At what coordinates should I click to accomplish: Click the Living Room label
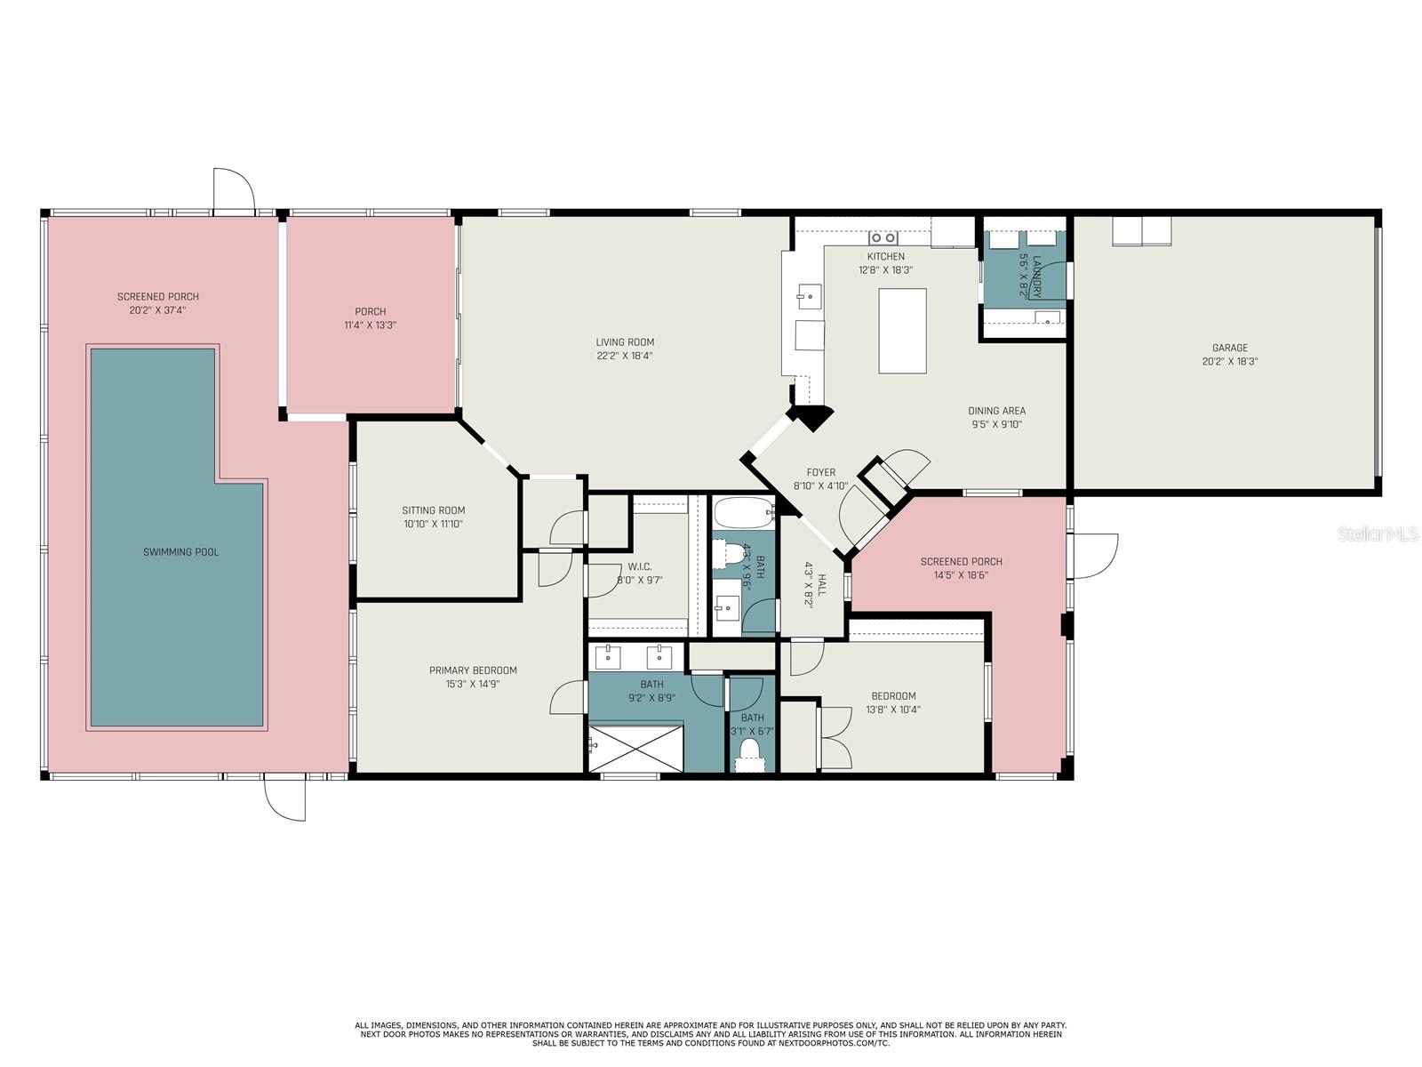tap(625, 342)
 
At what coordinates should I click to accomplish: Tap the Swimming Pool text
tap(180, 552)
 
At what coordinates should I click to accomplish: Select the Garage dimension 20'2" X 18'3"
tap(1230, 362)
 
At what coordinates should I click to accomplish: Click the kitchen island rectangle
tap(902, 331)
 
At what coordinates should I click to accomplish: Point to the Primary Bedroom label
tap(473, 670)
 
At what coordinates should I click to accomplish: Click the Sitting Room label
tap(434, 509)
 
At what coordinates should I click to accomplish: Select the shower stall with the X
tap(635, 749)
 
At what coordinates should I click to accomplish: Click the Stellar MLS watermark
tap(1378, 533)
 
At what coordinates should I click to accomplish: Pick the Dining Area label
tap(996, 411)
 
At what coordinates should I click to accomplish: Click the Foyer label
tap(821, 472)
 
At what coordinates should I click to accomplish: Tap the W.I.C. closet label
tap(639, 567)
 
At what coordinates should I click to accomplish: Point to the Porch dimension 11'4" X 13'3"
tap(370, 325)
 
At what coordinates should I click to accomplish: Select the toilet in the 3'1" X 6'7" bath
tap(750, 754)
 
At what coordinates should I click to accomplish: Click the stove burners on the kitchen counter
tap(883, 237)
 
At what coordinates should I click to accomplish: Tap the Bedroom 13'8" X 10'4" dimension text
tap(893, 710)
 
